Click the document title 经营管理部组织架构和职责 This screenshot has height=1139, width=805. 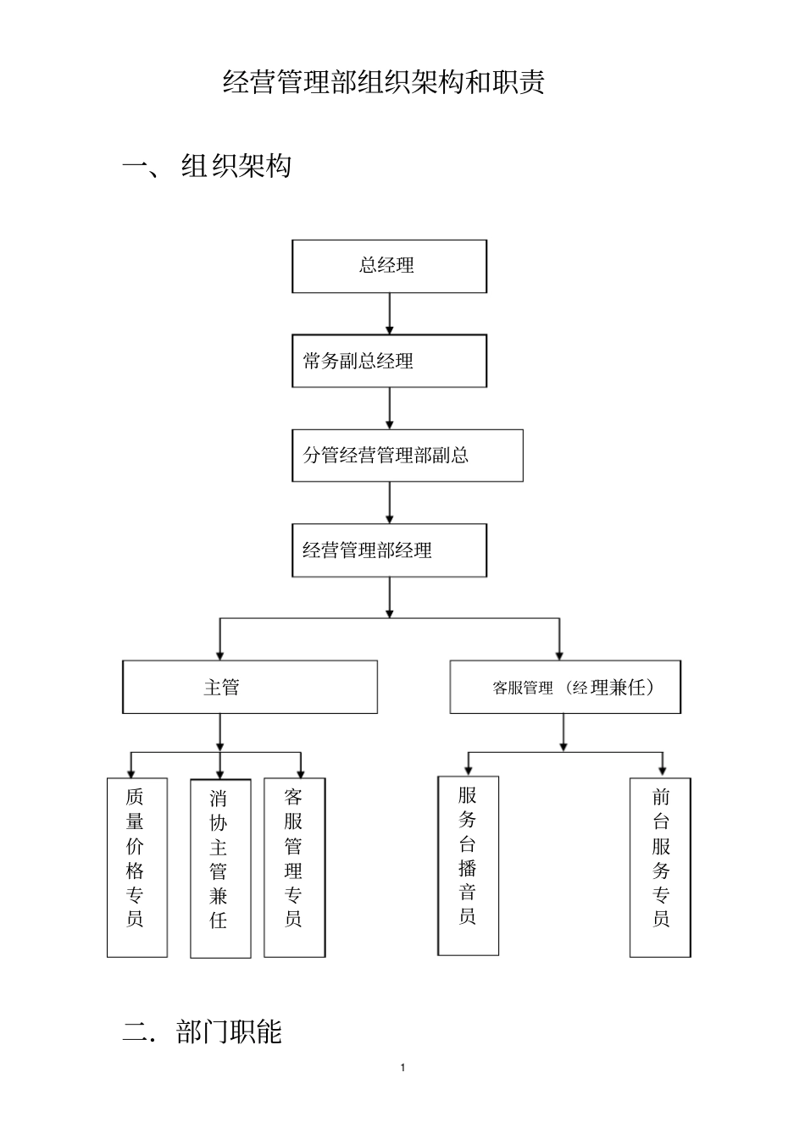383,82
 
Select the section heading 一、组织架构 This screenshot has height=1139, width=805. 208,166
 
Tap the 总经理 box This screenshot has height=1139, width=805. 389,266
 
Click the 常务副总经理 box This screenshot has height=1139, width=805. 389,361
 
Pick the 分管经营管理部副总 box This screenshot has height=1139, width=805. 407,456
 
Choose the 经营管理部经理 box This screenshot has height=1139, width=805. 389,550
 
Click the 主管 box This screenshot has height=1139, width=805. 250,687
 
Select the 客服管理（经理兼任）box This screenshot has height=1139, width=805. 564,687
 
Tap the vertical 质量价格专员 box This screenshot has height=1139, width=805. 136,867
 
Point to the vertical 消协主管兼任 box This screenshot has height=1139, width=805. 220,868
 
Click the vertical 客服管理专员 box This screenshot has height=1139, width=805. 294,867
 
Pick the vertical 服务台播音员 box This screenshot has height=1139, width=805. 468,865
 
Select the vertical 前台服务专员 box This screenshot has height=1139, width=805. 660,867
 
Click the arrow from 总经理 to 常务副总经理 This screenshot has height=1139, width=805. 389,313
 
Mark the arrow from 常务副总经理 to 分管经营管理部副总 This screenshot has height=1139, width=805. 389,408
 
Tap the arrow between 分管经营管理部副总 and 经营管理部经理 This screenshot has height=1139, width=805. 389,503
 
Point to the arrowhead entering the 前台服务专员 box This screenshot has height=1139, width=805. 661,771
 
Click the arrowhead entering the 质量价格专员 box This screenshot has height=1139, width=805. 130,771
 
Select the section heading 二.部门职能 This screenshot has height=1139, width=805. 203,1031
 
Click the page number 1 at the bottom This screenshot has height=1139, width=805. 402,1067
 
